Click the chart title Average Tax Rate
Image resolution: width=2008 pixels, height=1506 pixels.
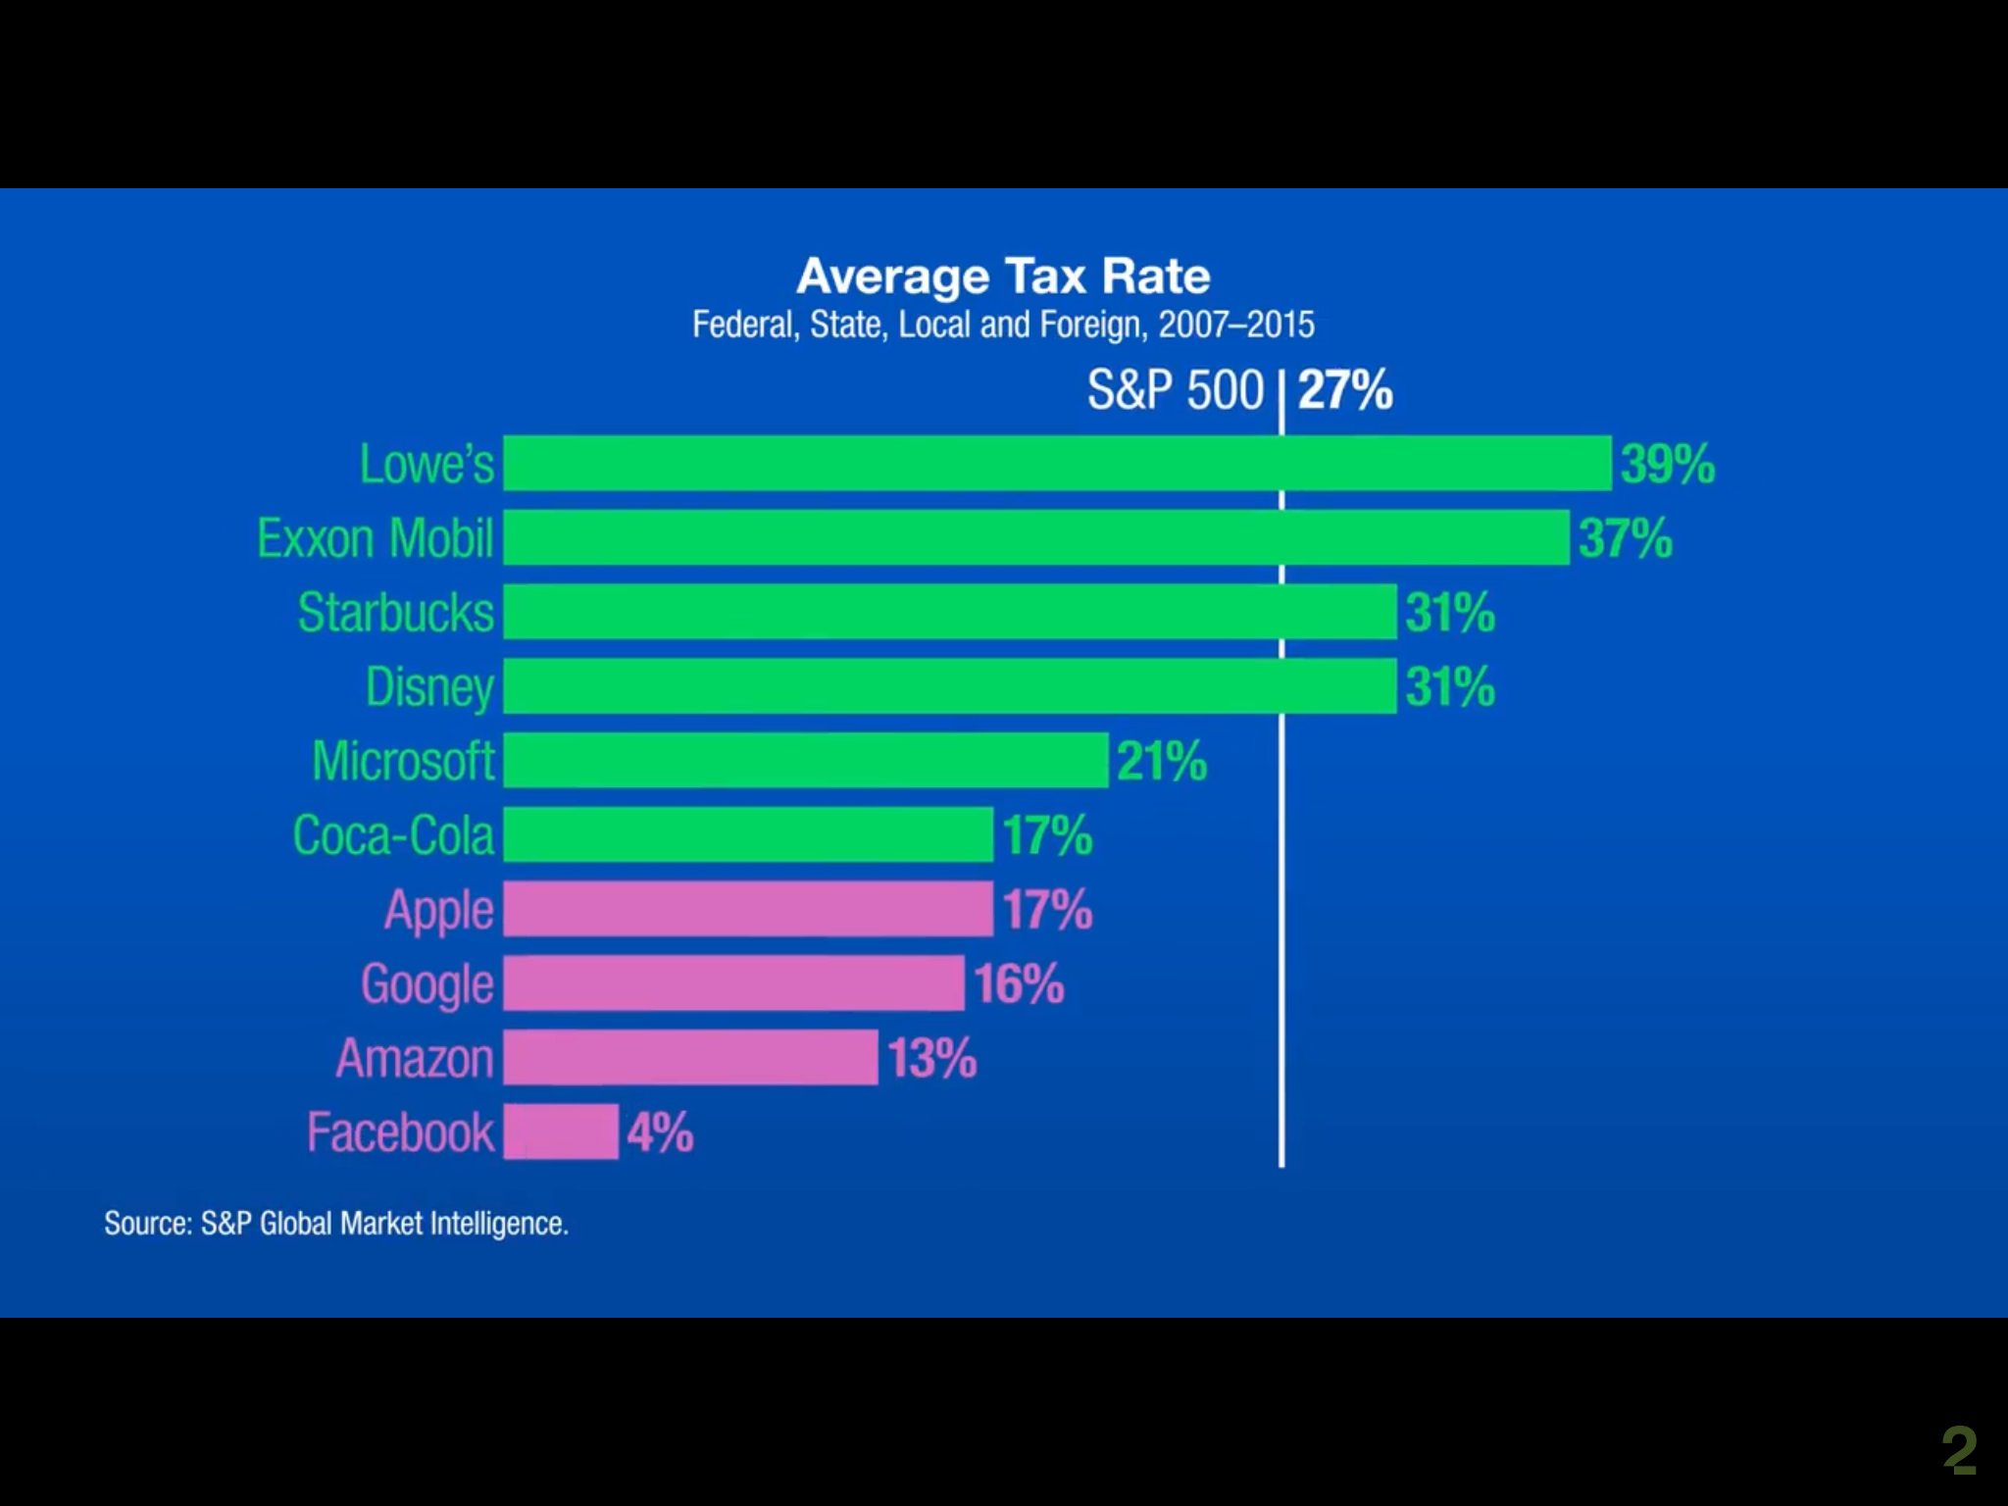click(x=1003, y=276)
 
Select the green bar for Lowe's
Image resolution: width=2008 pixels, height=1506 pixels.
click(x=1057, y=463)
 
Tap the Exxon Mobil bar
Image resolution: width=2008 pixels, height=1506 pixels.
click(x=1035, y=537)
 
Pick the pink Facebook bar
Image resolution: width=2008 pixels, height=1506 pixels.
click(x=561, y=1131)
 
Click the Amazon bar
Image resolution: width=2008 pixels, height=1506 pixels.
click(x=690, y=1057)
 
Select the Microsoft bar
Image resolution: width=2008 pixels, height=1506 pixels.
click(x=805, y=760)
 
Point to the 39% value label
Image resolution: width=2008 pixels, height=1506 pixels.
click(x=1667, y=464)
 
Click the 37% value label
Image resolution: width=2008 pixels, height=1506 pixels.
click(x=1625, y=538)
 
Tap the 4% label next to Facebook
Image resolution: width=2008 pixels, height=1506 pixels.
click(x=660, y=1132)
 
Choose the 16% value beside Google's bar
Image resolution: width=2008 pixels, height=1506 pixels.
click(x=1019, y=983)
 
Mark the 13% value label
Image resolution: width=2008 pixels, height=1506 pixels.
click(x=931, y=1058)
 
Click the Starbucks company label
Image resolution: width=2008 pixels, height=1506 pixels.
click(x=396, y=613)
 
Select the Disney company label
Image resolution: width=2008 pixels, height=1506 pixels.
click(x=429, y=687)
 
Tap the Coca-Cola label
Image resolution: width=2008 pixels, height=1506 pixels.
click(x=393, y=835)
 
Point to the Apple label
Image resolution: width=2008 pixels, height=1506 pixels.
click(x=438, y=910)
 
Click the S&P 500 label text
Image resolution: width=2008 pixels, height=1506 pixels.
click(x=1175, y=390)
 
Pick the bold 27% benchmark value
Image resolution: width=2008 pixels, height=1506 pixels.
click(x=1344, y=390)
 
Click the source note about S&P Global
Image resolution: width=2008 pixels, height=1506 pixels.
click(x=336, y=1224)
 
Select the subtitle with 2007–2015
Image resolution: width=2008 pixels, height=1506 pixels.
click(x=1003, y=325)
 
